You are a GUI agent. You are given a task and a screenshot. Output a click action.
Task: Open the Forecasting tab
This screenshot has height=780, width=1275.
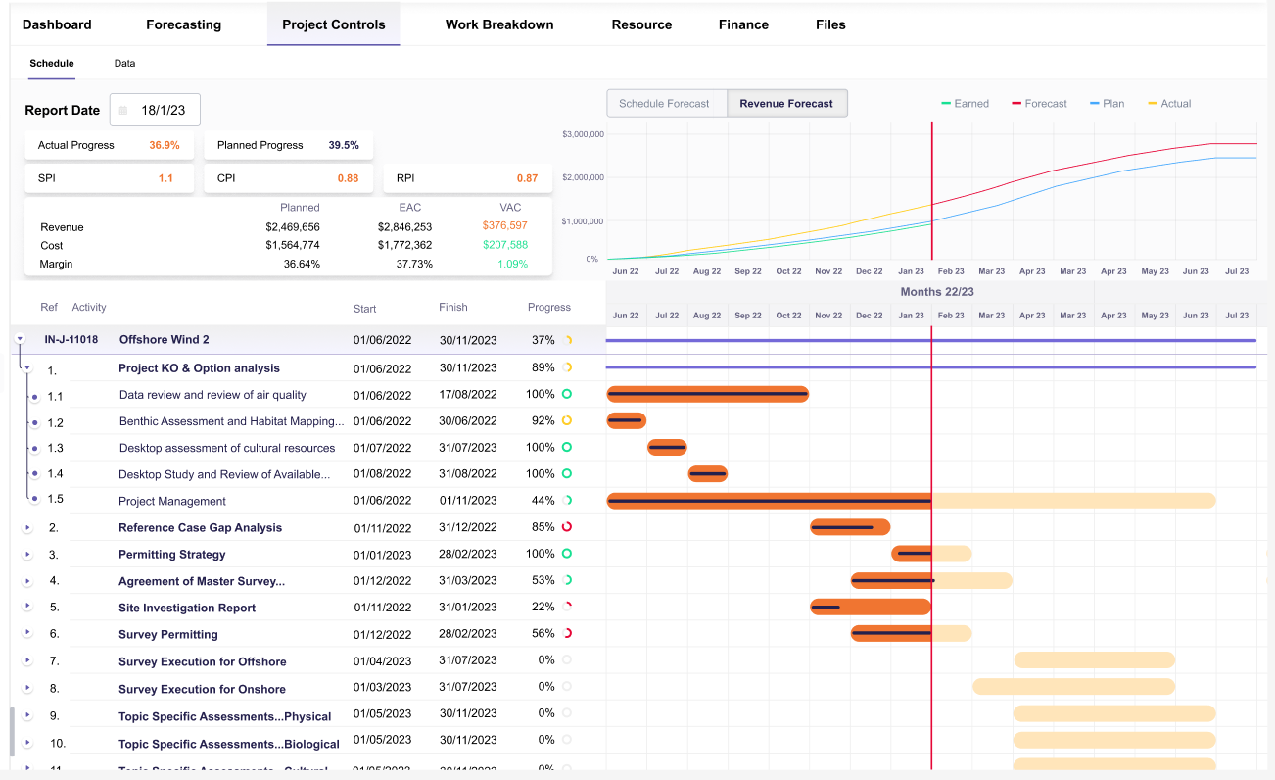click(183, 24)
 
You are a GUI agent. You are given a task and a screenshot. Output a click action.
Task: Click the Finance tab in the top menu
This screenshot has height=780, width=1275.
click(743, 24)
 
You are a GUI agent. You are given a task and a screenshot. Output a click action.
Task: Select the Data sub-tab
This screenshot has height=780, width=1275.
click(124, 63)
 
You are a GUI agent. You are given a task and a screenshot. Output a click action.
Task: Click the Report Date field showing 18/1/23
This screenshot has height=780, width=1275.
click(156, 111)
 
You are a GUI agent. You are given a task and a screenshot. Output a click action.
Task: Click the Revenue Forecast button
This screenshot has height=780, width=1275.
click(786, 103)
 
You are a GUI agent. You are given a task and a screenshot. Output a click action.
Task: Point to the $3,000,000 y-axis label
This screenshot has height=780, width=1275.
click(582, 133)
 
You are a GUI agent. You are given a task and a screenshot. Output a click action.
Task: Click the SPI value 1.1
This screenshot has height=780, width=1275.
click(165, 178)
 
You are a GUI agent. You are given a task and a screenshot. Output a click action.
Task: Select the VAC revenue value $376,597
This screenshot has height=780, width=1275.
click(504, 226)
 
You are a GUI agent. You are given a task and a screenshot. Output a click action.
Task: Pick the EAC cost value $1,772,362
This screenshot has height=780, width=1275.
click(404, 245)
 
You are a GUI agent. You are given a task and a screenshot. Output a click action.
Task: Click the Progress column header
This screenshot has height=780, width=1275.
click(548, 307)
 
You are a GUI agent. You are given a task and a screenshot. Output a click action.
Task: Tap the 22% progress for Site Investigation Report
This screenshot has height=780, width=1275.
click(543, 608)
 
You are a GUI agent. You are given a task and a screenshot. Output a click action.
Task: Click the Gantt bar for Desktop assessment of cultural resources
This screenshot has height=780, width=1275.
click(667, 448)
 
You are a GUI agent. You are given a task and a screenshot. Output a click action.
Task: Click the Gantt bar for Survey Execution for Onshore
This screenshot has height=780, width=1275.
click(1072, 686)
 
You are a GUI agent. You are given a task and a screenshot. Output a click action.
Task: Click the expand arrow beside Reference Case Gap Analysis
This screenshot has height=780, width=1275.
click(27, 527)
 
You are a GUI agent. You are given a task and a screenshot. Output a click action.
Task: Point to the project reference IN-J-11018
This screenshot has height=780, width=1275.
click(71, 340)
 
